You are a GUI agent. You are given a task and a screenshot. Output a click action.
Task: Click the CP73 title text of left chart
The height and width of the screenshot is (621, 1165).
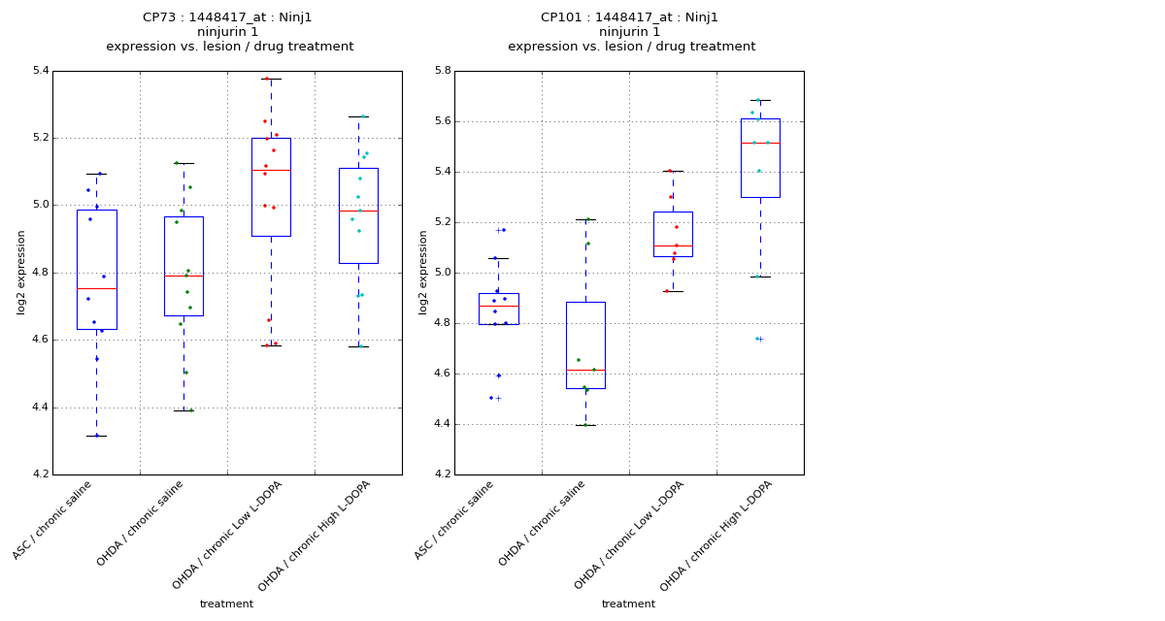(227, 17)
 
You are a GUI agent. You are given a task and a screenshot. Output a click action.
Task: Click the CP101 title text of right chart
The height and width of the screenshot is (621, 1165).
(629, 17)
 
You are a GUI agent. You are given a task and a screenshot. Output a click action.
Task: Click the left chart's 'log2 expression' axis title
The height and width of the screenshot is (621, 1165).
(21, 273)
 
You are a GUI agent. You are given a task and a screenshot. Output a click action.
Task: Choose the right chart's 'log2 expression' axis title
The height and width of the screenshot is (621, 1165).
(423, 273)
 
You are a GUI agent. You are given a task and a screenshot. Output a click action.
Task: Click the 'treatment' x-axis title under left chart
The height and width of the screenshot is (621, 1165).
(226, 605)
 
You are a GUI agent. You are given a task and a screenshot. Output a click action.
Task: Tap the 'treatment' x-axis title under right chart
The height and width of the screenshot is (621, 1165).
(628, 605)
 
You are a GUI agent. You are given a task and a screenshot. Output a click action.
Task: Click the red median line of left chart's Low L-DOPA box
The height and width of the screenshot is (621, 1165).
(271, 171)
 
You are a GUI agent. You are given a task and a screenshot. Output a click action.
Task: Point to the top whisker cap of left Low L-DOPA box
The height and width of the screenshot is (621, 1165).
(271, 79)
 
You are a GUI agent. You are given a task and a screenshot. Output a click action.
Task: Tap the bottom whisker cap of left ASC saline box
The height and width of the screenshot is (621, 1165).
(96, 436)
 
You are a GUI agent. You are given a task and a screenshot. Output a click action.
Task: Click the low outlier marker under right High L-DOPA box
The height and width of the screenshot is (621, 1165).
(760, 339)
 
